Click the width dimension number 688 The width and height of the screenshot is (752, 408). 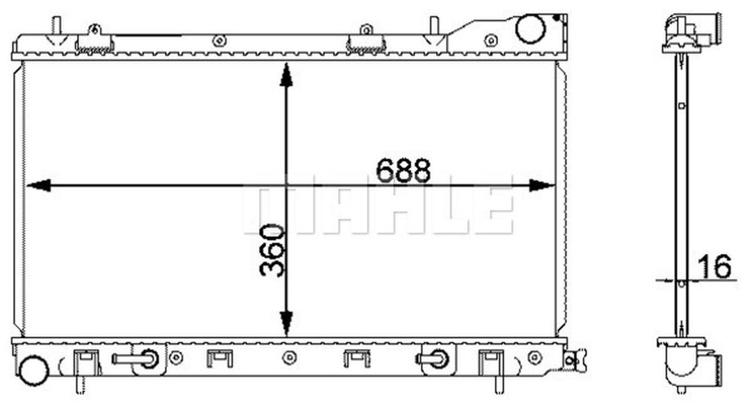[404, 171]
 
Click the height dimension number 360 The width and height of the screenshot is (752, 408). [272, 250]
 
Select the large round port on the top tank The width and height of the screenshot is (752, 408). [530, 29]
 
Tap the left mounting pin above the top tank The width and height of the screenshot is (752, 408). [57, 25]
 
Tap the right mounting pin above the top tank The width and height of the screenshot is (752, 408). [434, 25]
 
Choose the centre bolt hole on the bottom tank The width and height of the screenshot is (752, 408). [288, 358]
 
